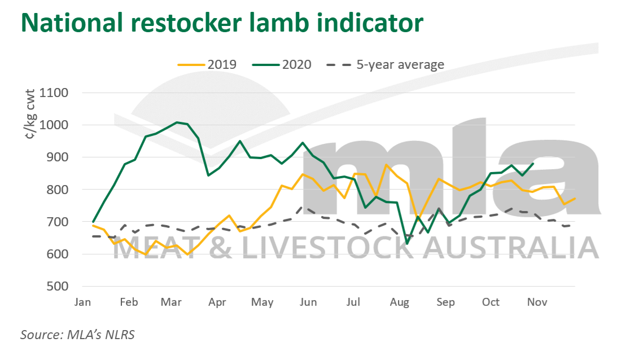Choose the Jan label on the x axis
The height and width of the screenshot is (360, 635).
click(x=82, y=302)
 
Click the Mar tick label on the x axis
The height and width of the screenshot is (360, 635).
click(x=171, y=302)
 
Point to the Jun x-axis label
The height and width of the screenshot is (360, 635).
click(x=308, y=302)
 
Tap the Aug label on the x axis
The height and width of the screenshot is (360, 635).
click(x=399, y=302)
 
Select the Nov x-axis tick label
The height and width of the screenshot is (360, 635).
click(x=537, y=302)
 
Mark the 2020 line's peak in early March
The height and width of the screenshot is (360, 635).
click(x=177, y=122)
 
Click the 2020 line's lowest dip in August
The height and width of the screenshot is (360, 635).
click(x=408, y=243)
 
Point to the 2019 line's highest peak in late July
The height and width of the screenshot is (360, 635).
click(x=386, y=165)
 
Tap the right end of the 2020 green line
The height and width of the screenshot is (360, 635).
click(x=534, y=164)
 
